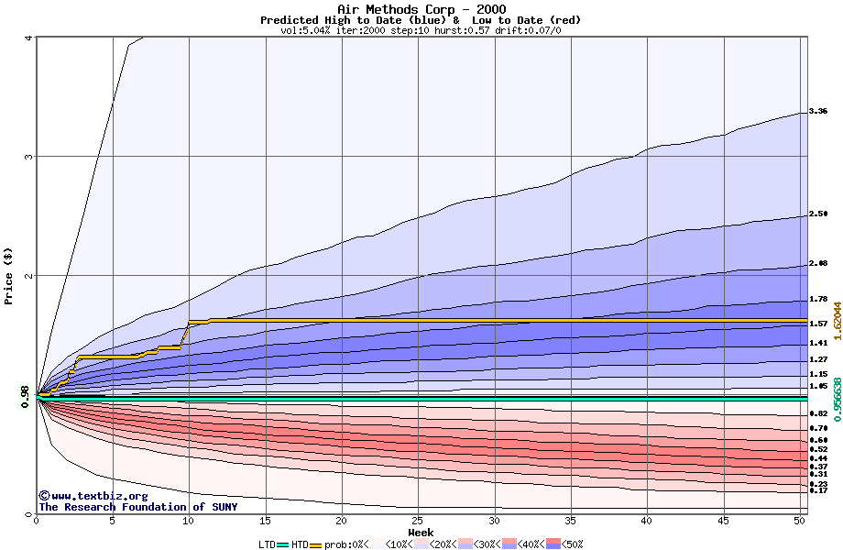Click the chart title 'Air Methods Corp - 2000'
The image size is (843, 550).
click(x=421, y=10)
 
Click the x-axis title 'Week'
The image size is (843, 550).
click(x=421, y=533)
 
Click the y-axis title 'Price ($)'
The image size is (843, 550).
click(x=9, y=276)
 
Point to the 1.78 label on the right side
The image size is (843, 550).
click(x=818, y=299)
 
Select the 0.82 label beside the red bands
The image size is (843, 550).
click(x=818, y=414)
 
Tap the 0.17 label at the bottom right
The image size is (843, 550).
click(x=818, y=491)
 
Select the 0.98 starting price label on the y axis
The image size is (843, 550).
click(x=25, y=395)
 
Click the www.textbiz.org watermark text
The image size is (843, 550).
click(x=87, y=496)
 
